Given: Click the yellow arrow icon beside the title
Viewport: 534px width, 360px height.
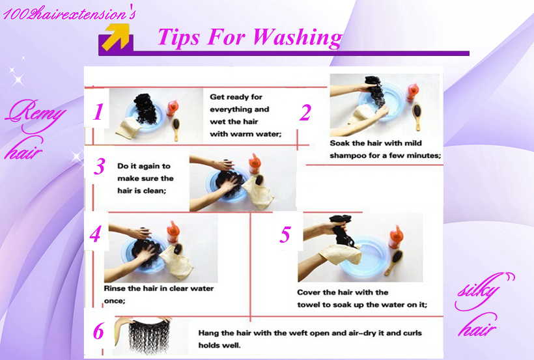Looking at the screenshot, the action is tap(117, 37).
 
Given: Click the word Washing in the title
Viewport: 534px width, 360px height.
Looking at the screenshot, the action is tap(298, 38).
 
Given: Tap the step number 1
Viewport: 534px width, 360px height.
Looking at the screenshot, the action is tap(98, 112).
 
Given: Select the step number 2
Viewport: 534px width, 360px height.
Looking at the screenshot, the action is tap(305, 113).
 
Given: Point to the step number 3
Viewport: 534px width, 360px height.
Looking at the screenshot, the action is tap(100, 166).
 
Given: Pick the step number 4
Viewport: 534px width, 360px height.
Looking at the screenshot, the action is tap(95, 234).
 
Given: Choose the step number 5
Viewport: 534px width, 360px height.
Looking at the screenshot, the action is tap(285, 234).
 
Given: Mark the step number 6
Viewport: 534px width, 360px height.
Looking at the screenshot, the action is tap(98, 331).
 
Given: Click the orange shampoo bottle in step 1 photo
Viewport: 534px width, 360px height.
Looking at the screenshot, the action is tap(172, 107).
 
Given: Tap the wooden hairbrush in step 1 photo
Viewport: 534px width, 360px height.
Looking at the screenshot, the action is tap(176, 129).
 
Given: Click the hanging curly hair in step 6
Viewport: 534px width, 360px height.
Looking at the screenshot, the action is tap(148, 336).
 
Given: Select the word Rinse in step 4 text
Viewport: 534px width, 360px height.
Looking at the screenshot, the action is tap(115, 288).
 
